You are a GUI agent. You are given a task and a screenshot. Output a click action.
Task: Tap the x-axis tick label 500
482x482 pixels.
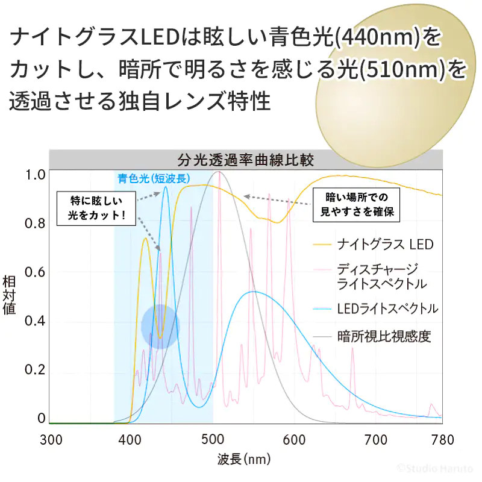tap(213, 439)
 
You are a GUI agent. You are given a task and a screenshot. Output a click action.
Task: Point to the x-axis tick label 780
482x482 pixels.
tap(442, 439)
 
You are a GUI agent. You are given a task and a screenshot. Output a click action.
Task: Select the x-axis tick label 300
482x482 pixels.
tap(51, 439)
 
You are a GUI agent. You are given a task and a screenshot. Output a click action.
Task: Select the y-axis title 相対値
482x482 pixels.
tap(10, 295)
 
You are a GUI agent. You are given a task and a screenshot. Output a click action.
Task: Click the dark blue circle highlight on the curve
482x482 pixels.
tap(160, 327)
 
